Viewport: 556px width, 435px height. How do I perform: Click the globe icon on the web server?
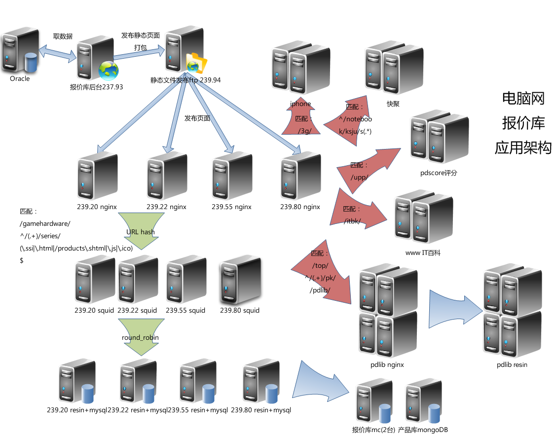coord(108,71)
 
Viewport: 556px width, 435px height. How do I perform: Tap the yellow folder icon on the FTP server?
coord(196,63)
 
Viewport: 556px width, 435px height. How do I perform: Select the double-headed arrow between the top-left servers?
coord(57,53)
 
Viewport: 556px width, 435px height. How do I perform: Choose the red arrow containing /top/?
coord(323,269)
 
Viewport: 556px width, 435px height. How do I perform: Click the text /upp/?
coord(359,177)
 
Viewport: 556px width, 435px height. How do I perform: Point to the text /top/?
coord(320,266)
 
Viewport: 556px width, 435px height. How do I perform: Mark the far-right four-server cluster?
coord(512,311)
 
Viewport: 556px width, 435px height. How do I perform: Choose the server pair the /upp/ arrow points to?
coord(439,137)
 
